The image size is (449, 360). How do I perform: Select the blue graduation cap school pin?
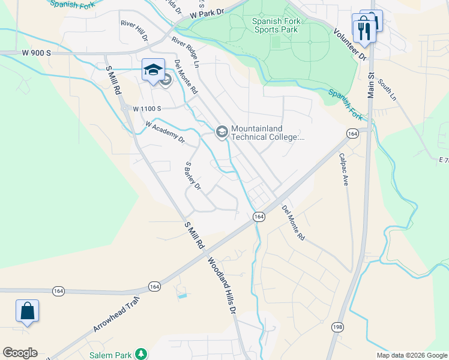click(153, 70)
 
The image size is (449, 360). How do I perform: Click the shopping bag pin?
click(27, 311)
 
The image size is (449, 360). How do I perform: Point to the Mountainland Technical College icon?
click(221, 132)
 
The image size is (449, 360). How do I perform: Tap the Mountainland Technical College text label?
click(268, 133)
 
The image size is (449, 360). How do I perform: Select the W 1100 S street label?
click(147, 109)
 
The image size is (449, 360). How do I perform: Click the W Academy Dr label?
click(164, 133)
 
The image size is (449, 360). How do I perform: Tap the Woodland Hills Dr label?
click(223, 287)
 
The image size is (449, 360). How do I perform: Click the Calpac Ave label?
click(343, 169)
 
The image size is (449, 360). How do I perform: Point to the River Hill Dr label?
click(134, 30)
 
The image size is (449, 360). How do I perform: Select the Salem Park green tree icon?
click(140, 355)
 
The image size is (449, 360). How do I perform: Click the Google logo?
click(20, 353)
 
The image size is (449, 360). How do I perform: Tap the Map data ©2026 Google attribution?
click(411, 355)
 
